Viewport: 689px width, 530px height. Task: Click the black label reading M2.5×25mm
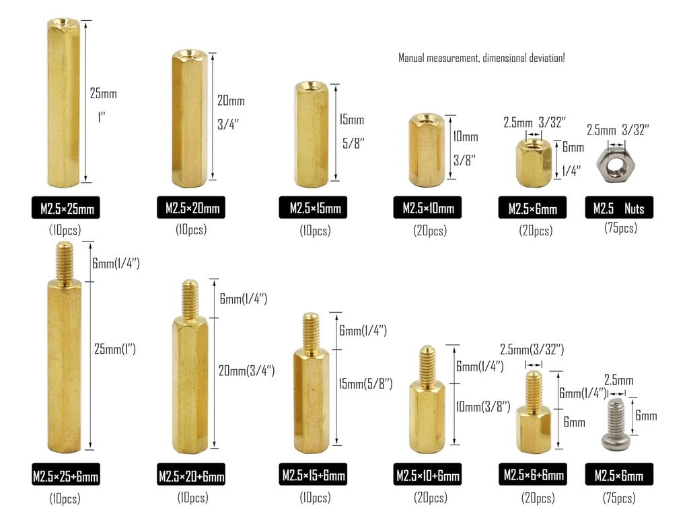pyautogui.click(x=65, y=209)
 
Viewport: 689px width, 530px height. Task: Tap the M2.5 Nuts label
pyautogui.click(x=618, y=208)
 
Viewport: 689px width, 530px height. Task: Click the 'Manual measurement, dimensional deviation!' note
pyautogui.click(x=481, y=59)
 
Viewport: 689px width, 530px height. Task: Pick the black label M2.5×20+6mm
pyautogui.click(x=191, y=476)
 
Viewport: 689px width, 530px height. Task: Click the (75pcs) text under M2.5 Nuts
pyautogui.click(x=620, y=229)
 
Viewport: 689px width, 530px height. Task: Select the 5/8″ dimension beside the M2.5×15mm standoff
pyautogui.click(x=353, y=143)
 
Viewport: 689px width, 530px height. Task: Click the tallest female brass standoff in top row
pyautogui.click(x=65, y=101)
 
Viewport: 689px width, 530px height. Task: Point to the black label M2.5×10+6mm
pyautogui.click(x=427, y=476)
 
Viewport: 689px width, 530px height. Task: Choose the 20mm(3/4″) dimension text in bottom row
pyautogui.click(x=246, y=371)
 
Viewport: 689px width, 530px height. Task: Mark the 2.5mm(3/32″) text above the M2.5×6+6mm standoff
pyautogui.click(x=532, y=350)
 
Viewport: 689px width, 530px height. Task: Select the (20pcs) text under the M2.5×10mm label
pyautogui.click(x=429, y=231)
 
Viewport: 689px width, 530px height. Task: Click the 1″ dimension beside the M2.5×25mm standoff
pyautogui.click(x=102, y=118)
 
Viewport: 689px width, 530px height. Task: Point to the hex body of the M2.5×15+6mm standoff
pyautogui.click(x=310, y=400)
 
